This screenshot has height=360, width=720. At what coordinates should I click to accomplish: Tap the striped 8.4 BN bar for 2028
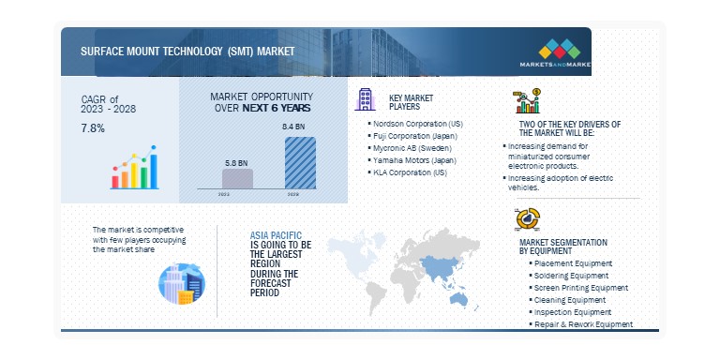click(300, 163)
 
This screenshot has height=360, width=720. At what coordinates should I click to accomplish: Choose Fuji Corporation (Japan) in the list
click(409, 136)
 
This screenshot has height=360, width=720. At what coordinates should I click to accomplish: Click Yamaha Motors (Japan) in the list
click(409, 160)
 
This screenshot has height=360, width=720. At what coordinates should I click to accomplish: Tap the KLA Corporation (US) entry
click(407, 173)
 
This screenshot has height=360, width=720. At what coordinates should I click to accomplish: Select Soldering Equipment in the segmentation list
click(570, 276)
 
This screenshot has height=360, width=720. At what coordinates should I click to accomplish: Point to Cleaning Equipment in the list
click(568, 300)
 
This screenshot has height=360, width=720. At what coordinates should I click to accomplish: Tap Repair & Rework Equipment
click(581, 324)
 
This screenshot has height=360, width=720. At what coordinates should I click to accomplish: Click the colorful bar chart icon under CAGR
click(134, 170)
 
